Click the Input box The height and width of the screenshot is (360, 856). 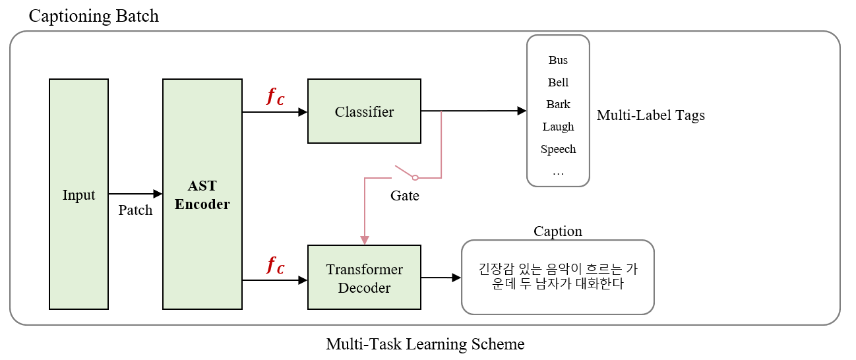(78, 194)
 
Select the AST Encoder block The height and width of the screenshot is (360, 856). (202, 194)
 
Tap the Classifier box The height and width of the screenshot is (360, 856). (364, 111)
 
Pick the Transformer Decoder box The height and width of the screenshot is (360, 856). (364, 278)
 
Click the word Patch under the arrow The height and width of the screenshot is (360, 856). (135, 210)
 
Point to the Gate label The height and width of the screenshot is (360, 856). (405, 195)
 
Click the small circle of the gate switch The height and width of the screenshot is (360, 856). (415, 178)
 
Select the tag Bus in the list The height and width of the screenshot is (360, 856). (558, 60)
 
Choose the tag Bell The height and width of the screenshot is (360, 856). (558, 82)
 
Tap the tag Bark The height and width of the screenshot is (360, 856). (558, 104)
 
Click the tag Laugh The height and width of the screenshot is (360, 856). (558, 127)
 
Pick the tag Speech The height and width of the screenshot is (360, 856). (558, 149)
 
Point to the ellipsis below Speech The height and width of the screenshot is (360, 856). (558, 174)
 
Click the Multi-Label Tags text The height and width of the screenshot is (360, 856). (650, 115)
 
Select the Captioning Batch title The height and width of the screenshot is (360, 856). (94, 16)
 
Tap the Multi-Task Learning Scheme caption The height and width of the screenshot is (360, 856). (425, 344)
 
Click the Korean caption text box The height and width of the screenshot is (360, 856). (557, 277)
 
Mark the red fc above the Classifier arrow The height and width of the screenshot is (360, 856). (276, 96)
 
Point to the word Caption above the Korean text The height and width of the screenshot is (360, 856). (557, 231)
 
